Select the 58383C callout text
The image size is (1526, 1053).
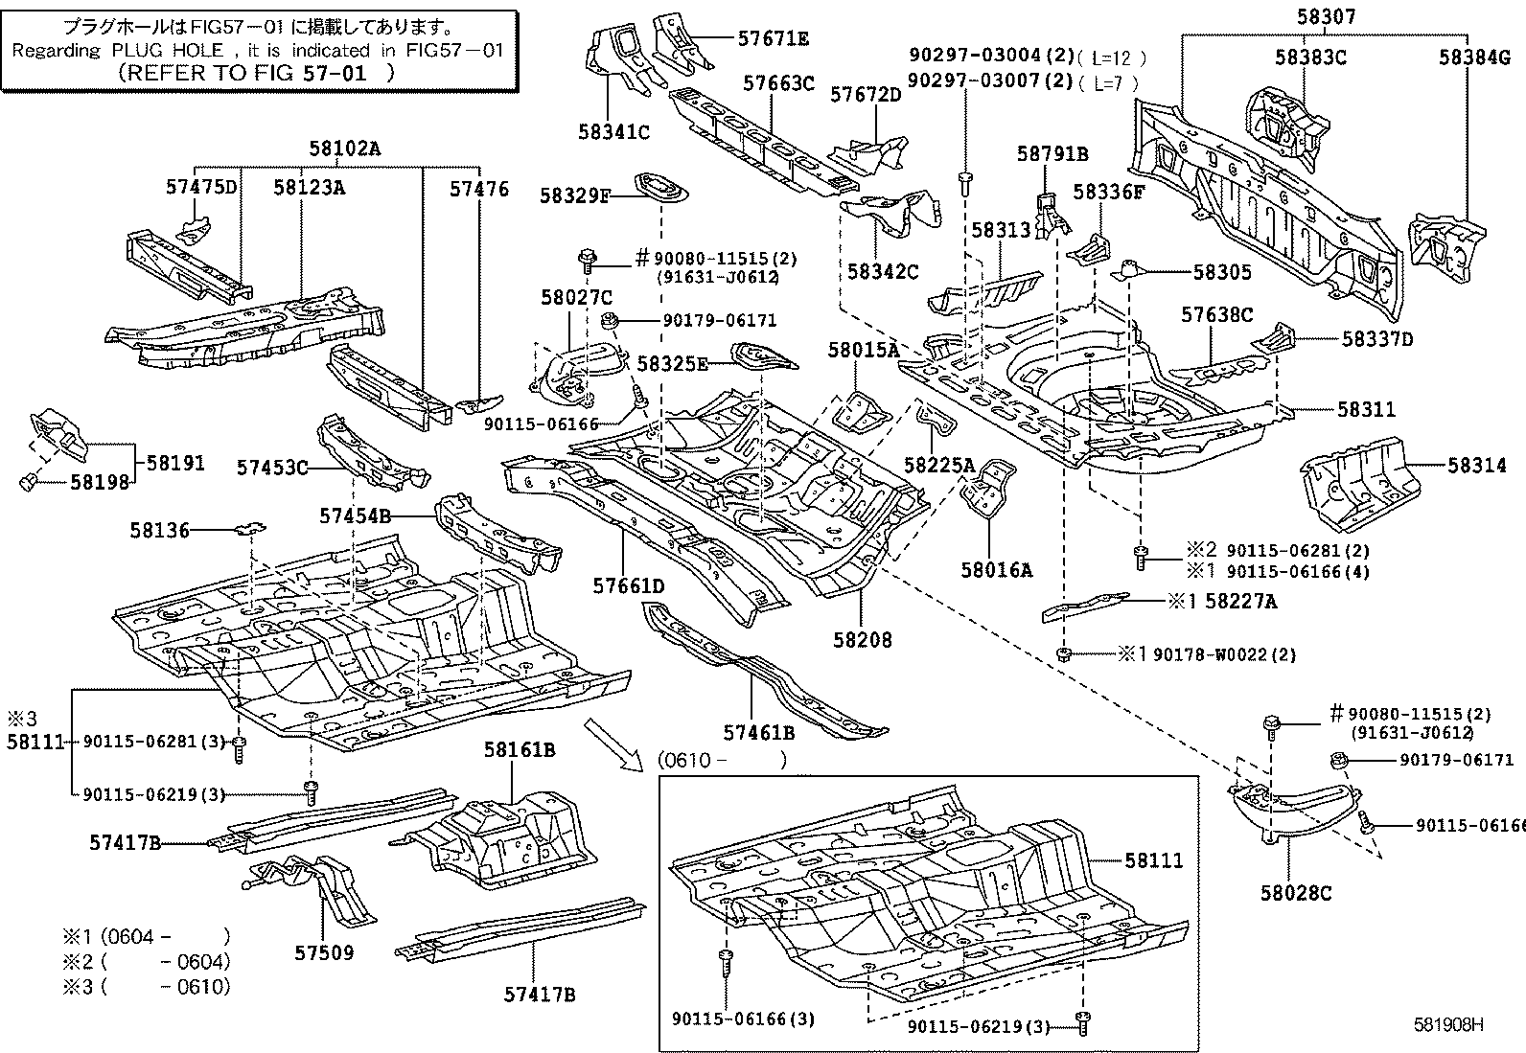pos(1310,57)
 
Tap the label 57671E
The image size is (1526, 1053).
pos(773,38)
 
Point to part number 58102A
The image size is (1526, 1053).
pos(344,149)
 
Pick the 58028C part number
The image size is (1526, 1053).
pos(1296,893)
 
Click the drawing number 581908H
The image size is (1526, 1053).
pos(1448,1024)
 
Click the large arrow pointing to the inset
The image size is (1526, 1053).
pos(613,742)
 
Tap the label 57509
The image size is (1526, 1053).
pos(323,952)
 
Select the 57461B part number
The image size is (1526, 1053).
pos(759,733)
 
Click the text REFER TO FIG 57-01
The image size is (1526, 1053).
pos(256,72)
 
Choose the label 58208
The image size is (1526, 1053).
pos(861,639)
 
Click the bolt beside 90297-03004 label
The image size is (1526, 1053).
pos(965,179)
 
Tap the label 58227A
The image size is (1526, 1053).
pos(1241,601)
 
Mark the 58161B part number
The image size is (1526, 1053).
pos(520,749)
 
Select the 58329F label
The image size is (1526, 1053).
pos(575,195)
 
